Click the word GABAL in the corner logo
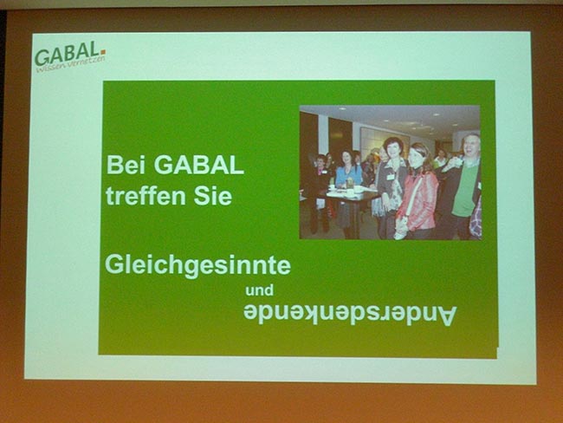tap(67, 54)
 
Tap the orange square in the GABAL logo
tap(103, 53)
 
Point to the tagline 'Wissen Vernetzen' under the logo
tap(70, 64)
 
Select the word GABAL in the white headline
tap(199, 165)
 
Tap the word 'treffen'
tap(146, 196)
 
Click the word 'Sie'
tap(213, 196)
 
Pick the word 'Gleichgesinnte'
tap(197, 266)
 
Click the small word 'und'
tap(259, 290)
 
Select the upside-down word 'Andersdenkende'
tap(350, 315)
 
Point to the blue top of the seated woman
tap(349, 175)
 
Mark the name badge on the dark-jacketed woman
tap(391, 177)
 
